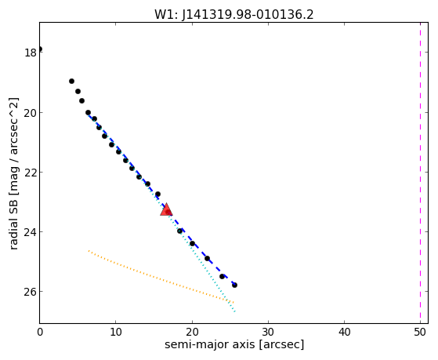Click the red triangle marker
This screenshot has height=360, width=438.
[x=166, y=209]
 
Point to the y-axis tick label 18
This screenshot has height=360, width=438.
[x=31, y=53]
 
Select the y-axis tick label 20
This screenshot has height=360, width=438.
[x=31, y=113]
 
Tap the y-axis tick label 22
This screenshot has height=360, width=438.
[x=31, y=173]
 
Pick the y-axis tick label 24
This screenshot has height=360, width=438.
[x=31, y=232]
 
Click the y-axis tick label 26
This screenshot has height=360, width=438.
[x=31, y=292]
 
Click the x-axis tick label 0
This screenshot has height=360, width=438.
[x=40, y=333]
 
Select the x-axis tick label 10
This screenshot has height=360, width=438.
[x=116, y=333]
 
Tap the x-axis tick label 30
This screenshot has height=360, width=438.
[x=268, y=333]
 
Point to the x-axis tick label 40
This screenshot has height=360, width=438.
[x=345, y=333]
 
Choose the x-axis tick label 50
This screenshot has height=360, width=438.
[x=421, y=333]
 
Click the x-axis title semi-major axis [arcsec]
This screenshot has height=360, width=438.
[x=234, y=344]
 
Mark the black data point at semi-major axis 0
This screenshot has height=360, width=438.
[x=40, y=49]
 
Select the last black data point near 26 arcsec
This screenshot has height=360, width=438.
[x=234, y=285]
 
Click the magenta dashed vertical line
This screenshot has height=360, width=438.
[x=420, y=173]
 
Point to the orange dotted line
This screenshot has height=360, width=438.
[x=161, y=277]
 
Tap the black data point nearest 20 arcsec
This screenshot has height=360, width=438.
[x=192, y=243]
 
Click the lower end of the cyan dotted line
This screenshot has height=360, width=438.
[x=235, y=311]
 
